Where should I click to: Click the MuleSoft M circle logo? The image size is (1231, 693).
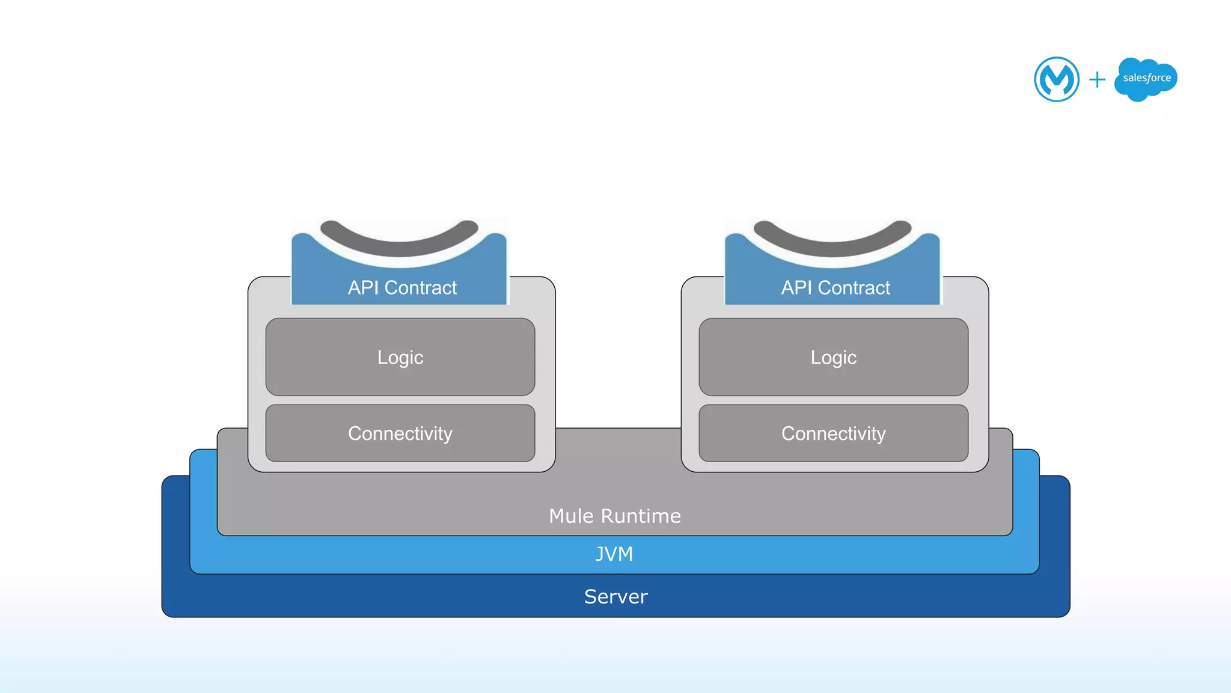[x=1056, y=79]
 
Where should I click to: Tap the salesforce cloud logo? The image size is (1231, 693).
[x=1146, y=79]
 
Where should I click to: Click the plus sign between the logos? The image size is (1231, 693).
[x=1097, y=79]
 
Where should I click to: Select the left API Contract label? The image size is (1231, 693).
[x=402, y=288]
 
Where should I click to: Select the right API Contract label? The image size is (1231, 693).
[x=835, y=288]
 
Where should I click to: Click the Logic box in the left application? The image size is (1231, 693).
[x=400, y=357]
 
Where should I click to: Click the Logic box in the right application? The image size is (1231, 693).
[x=834, y=357]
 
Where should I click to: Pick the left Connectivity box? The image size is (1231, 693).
[x=400, y=433]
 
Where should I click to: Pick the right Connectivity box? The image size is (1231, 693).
[x=834, y=433]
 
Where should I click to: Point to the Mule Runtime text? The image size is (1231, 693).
[x=615, y=516]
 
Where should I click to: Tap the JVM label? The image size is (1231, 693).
[x=614, y=554]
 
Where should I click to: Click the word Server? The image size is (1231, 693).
[x=616, y=597]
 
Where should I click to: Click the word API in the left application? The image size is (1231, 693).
[x=363, y=288]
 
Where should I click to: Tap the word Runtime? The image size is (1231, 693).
[x=641, y=516]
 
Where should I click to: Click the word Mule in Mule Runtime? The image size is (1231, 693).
[x=571, y=516]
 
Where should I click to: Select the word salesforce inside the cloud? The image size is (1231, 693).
[x=1147, y=78]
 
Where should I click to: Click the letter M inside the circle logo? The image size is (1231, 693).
[x=1057, y=79]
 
